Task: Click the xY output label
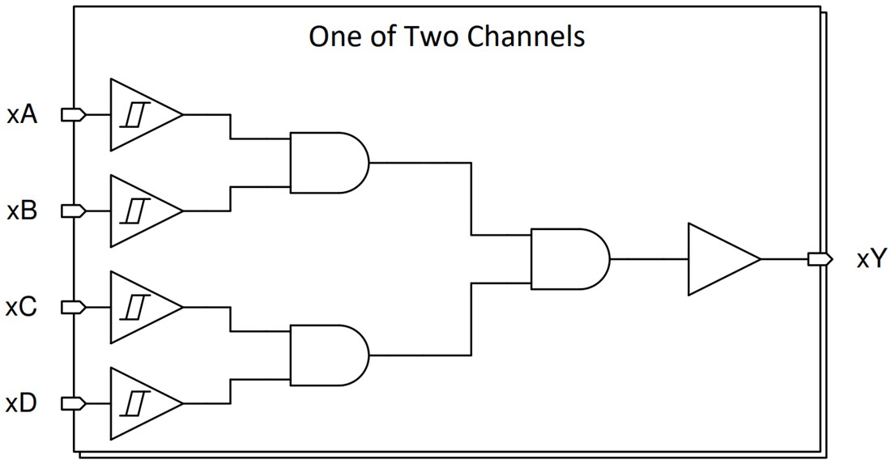(872, 260)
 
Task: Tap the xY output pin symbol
(819, 259)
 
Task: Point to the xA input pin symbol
(74, 115)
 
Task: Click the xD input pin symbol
(74, 403)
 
